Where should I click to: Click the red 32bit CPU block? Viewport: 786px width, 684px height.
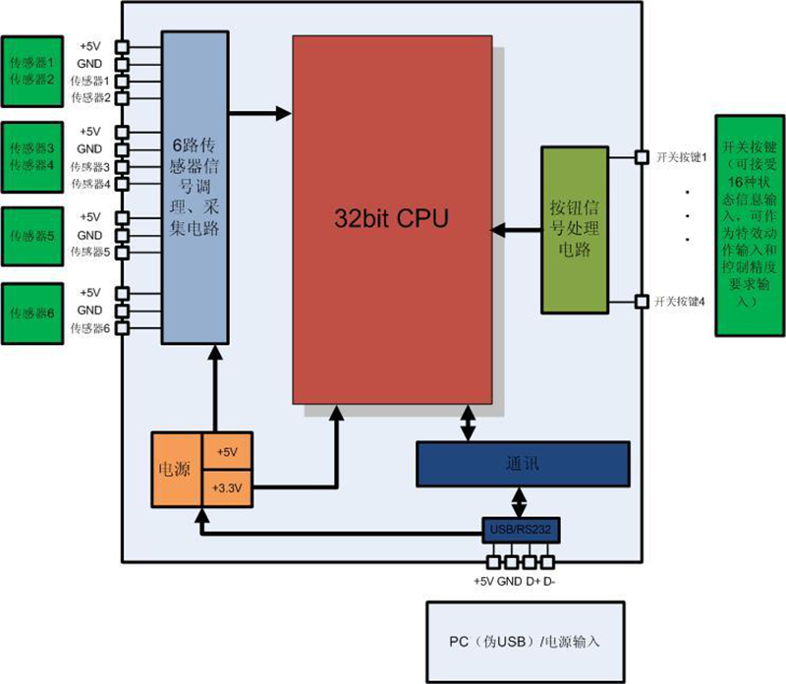tap(393, 218)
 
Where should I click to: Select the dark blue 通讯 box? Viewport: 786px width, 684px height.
tap(522, 463)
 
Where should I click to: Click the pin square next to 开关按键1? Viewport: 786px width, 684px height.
tap(641, 156)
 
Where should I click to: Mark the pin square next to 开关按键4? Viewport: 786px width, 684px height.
tap(641, 302)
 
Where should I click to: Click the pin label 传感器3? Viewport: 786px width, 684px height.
tap(89, 167)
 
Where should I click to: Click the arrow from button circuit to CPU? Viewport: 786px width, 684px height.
tap(516, 230)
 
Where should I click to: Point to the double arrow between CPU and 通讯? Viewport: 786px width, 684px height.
tap(468, 426)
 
